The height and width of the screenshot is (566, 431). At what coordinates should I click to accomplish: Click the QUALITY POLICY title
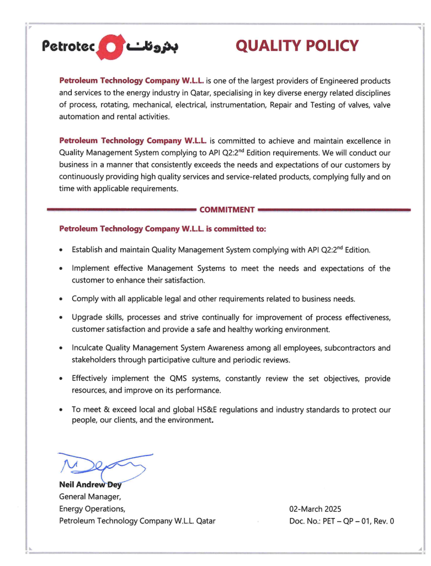pos(297,46)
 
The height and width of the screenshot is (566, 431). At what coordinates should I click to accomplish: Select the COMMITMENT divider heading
pos(227,210)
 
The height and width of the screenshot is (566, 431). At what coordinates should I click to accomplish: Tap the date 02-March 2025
pos(315,509)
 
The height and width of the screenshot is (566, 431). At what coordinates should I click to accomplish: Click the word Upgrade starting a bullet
pos(87,317)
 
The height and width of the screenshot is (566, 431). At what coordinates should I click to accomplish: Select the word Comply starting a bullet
pos(85,299)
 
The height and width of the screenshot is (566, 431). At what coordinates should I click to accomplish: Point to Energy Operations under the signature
pos(92,509)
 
